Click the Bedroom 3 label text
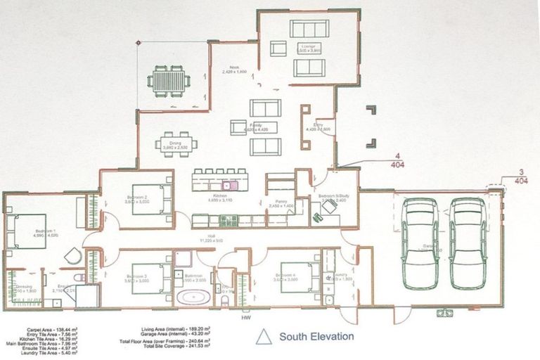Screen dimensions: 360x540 136,276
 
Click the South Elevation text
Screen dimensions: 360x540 316,337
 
